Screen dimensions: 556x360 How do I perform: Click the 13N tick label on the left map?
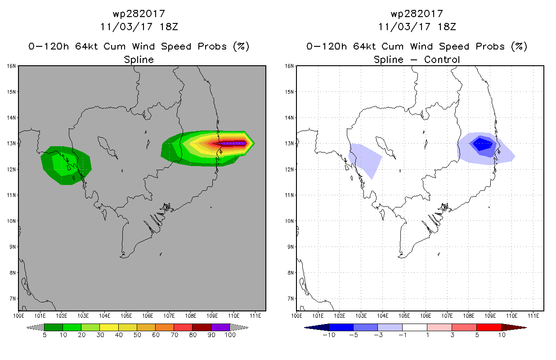coord(11,144)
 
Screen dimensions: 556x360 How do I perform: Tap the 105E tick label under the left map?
coord(126,316)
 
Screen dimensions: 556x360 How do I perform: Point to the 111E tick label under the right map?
coord(533,316)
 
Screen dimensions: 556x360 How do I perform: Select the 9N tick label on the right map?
coord(291,247)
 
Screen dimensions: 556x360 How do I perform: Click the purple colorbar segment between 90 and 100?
coord(220,327)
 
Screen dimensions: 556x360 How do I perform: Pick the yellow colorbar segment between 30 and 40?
coord(109,327)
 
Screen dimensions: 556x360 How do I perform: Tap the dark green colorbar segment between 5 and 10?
coord(54,327)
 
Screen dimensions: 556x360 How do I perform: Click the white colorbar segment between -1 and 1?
coord(415,327)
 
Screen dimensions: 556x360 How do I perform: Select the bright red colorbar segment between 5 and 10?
coord(489,327)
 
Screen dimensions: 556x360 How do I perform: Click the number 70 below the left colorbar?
coord(174,335)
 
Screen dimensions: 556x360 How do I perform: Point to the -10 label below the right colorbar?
coord(329,335)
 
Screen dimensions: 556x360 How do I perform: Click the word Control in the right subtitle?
coord(442,59)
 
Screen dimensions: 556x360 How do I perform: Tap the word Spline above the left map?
coord(139,60)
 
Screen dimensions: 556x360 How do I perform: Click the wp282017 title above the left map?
coord(139,14)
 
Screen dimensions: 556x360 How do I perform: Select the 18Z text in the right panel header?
coord(447,27)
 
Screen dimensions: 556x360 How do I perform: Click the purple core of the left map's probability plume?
coord(233,143)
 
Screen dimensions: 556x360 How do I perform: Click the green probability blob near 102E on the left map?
coord(66,165)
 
